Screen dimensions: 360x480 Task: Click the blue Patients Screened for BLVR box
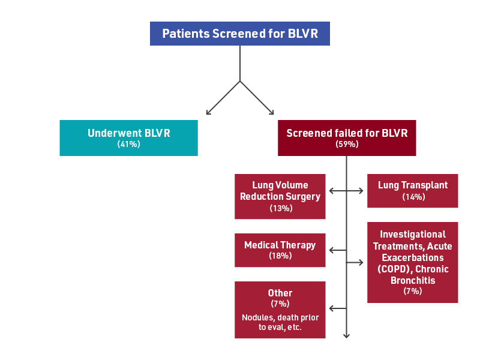click(x=239, y=34)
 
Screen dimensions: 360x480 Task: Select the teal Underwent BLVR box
click(x=128, y=138)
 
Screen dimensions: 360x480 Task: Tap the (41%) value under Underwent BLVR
click(x=128, y=145)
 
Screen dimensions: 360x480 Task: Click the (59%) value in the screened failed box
click(x=347, y=145)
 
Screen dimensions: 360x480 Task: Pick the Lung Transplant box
click(x=412, y=191)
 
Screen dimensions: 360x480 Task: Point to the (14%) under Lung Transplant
click(x=412, y=197)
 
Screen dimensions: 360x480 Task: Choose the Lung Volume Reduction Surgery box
click(x=280, y=196)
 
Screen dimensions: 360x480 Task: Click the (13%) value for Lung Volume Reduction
click(x=280, y=208)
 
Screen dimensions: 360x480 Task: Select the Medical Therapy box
click(x=280, y=250)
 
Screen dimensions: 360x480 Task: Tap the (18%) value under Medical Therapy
click(x=280, y=256)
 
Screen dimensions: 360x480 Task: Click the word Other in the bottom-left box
click(x=280, y=293)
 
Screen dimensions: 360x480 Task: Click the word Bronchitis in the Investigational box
click(x=412, y=280)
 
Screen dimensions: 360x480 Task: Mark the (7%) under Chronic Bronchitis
click(x=412, y=292)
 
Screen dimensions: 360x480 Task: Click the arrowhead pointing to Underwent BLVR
click(x=208, y=112)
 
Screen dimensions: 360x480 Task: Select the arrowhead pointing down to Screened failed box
click(x=272, y=112)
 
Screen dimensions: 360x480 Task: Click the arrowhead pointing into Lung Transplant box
click(x=361, y=191)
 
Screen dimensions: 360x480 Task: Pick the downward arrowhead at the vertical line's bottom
click(x=347, y=336)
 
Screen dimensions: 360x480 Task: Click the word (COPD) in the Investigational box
click(x=395, y=269)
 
